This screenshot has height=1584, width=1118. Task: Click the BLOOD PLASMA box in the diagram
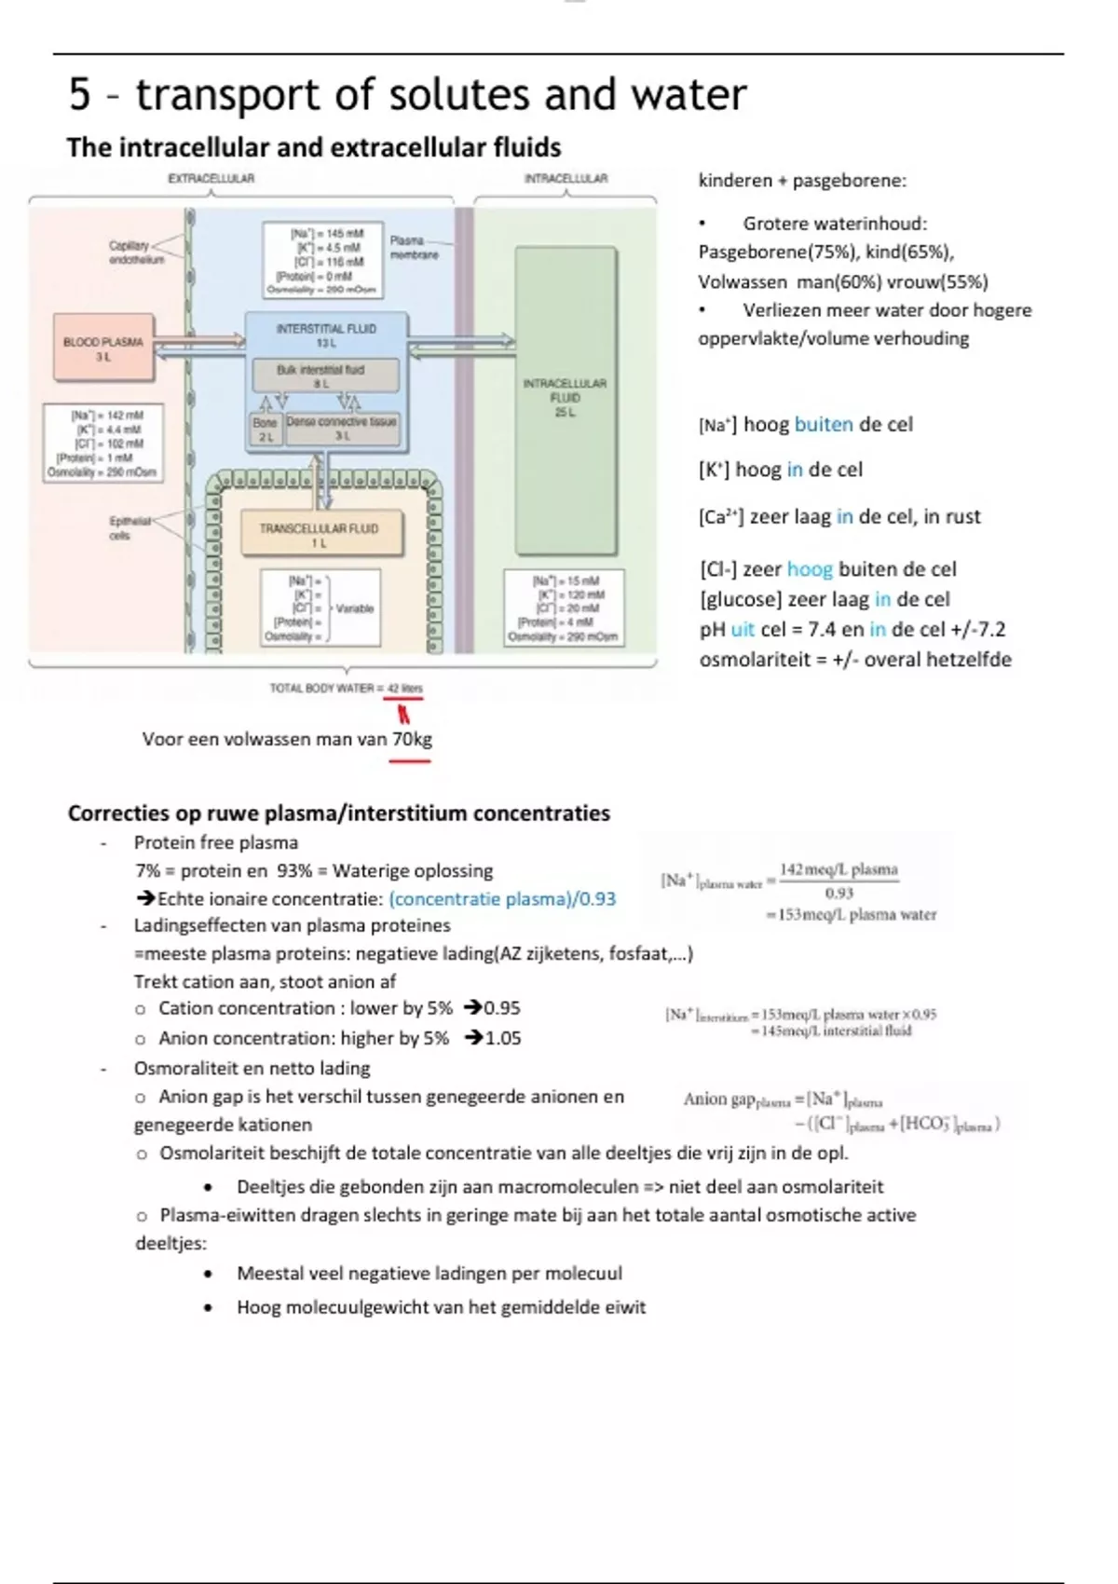click(x=103, y=348)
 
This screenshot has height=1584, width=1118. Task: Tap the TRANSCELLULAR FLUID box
click(x=320, y=533)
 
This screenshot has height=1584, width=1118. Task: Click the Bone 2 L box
click(x=266, y=429)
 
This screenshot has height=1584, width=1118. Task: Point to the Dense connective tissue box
click(x=342, y=428)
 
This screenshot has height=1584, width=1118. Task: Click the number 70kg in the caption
click(x=412, y=740)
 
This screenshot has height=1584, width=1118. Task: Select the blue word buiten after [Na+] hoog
click(x=824, y=425)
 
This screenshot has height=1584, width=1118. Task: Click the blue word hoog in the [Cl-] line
click(x=810, y=569)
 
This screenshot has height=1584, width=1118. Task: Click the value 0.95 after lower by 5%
click(x=502, y=1008)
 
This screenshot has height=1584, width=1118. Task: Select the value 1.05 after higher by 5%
click(x=503, y=1038)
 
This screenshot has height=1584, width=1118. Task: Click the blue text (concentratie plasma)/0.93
click(x=502, y=899)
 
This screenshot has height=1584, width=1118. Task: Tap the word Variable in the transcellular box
click(x=354, y=608)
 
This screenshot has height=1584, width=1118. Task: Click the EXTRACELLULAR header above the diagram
click(x=211, y=178)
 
